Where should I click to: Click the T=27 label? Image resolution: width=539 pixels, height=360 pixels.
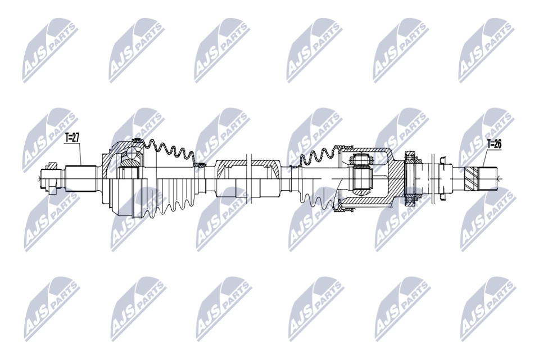73,136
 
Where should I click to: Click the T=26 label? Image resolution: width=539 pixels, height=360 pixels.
493,144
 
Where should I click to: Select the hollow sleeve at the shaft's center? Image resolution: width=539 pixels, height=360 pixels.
248,179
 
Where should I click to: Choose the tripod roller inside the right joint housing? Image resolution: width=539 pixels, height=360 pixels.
363,178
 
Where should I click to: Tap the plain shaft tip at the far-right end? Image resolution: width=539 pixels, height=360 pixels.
491,178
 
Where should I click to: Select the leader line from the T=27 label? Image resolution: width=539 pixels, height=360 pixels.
82,152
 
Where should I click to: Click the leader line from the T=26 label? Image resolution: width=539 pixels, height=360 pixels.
485,158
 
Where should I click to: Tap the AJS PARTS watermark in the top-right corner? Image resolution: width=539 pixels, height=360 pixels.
487,50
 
